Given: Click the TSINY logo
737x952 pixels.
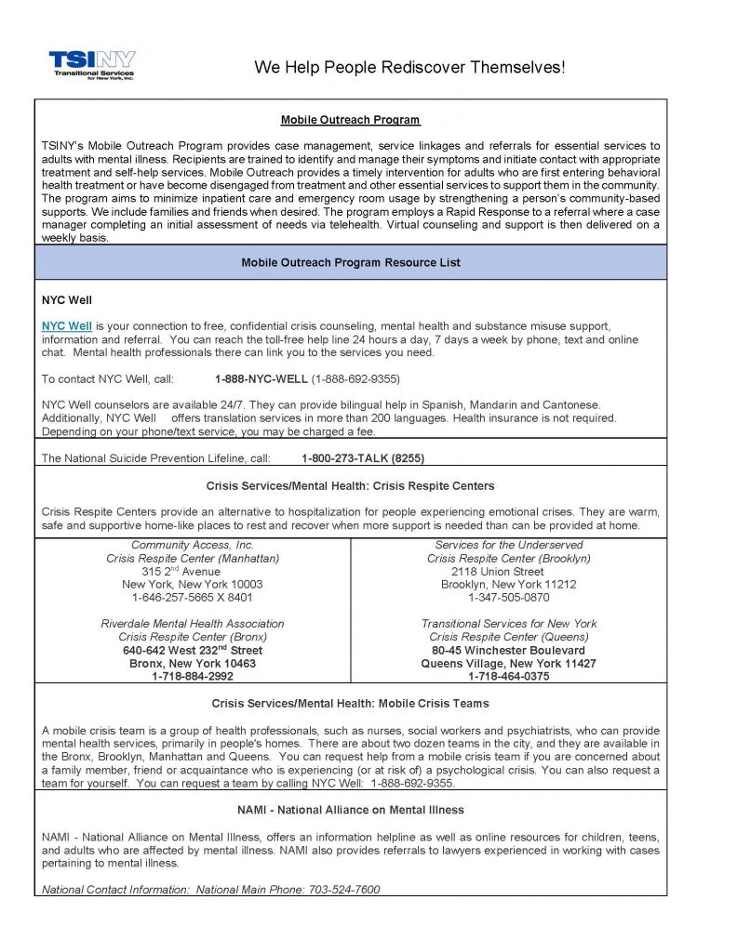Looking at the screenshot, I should [91, 65].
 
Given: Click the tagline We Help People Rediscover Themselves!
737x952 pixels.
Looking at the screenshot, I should [409, 68].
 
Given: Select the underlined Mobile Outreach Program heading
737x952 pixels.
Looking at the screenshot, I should [350, 120].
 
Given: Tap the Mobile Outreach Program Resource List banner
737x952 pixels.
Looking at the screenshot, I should [350, 262].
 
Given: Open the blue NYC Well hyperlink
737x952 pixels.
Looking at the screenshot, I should [67, 326].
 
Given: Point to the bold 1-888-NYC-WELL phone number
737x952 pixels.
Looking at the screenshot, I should [261, 379].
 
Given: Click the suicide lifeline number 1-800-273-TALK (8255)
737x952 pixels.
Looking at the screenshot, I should [363, 458].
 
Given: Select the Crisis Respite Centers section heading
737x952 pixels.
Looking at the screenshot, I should [350, 485].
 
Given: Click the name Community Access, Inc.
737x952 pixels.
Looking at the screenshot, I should [193, 545].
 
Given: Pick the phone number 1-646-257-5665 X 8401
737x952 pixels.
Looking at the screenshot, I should [193, 598].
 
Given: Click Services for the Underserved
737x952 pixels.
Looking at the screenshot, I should [509, 545].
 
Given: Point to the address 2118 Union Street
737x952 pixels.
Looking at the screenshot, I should [509, 572].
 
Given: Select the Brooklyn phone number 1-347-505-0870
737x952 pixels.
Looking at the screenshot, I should [509, 598].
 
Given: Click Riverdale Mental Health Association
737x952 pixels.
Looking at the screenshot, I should [193, 624].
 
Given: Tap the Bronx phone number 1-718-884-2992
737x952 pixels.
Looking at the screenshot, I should [193, 677].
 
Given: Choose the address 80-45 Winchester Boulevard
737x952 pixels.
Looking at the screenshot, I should [509, 651].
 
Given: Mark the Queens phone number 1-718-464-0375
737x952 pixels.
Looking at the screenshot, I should [509, 677].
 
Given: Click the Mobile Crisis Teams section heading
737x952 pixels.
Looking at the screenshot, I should [350, 704].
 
